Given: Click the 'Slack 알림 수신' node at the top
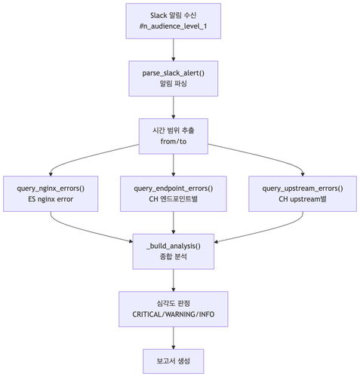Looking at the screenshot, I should point(174,14).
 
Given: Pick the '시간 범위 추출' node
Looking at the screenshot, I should point(174,128).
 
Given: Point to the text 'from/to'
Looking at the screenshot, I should point(174,141).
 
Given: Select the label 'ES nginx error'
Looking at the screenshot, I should point(51,200).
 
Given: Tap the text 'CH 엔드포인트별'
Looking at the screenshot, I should point(174,200).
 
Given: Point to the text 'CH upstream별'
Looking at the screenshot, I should point(303,200).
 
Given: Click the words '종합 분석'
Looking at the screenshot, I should point(174,257).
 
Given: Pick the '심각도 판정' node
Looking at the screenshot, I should point(174,302).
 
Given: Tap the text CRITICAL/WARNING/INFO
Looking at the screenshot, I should point(174,314).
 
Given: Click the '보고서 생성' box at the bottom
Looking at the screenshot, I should point(174,360).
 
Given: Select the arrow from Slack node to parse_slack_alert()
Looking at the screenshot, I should point(174,50).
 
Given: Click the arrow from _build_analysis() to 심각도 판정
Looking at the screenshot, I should point(174,280).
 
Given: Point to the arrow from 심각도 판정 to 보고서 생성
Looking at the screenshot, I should point(174,338).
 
